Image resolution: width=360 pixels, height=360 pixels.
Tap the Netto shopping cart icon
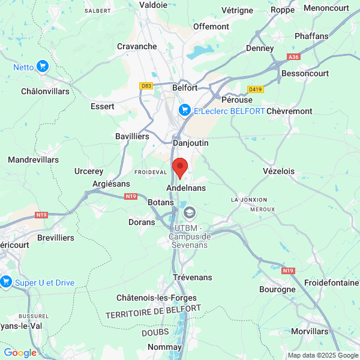(42, 67)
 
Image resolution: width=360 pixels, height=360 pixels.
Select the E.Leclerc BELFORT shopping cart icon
(185, 110)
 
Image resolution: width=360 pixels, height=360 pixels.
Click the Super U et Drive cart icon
(7, 281)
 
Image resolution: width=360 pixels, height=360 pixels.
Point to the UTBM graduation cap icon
(190, 212)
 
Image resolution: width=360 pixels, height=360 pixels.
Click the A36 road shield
(293, 57)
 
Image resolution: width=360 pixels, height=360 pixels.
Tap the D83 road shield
(146, 86)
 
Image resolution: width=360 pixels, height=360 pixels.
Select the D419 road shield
(256, 89)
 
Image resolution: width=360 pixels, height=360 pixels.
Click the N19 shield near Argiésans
(131, 196)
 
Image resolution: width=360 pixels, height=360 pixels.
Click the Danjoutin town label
(190, 143)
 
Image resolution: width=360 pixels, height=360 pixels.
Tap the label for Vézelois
(278, 171)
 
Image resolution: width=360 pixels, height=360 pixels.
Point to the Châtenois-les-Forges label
(156, 298)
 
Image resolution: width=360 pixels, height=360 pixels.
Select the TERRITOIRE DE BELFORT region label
(153, 313)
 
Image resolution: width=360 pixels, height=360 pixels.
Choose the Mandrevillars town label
(34, 160)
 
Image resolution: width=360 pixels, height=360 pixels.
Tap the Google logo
(20, 353)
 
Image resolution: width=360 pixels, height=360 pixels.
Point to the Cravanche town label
(137, 46)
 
